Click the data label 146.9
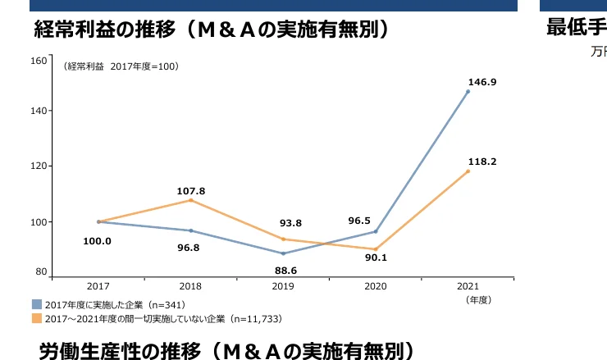(482, 82)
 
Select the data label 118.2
(482, 162)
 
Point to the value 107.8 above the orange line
(191, 191)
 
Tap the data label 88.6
(284, 270)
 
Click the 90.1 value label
(376, 258)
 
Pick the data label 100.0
(97, 241)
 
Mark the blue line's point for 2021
(468, 91)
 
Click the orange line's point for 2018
(191, 200)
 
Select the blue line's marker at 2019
(284, 253)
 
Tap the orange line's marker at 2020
(376, 249)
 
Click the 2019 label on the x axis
(284, 286)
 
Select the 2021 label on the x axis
(468, 286)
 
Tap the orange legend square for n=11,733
(37, 317)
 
